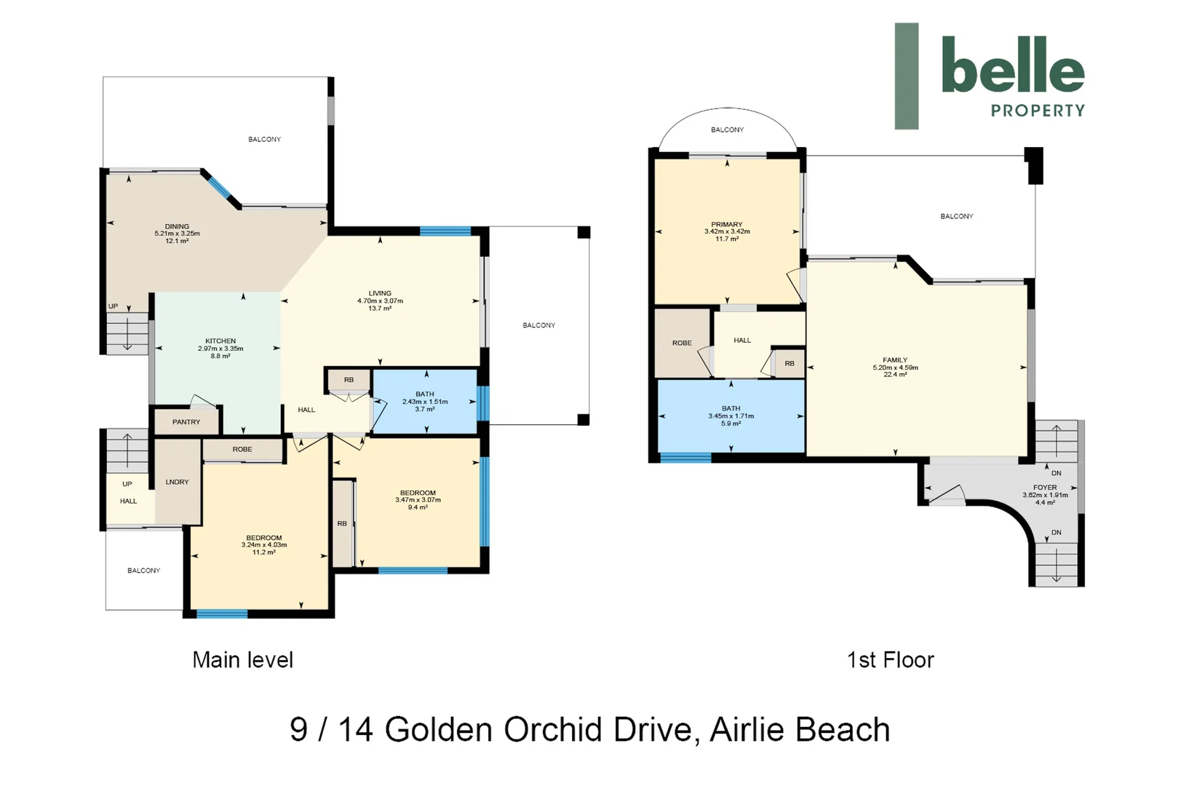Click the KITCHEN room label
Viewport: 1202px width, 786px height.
click(x=220, y=341)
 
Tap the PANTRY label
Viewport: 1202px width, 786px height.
click(x=186, y=422)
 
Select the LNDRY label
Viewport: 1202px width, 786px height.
click(x=177, y=482)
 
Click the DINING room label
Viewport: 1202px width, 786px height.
click(x=177, y=226)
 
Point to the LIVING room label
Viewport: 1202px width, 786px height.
click(x=380, y=294)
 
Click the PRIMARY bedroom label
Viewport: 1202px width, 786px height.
click(x=727, y=224)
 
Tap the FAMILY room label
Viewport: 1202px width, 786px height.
click(x=895, y=360)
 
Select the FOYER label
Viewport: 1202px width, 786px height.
click(x=1046, y=488)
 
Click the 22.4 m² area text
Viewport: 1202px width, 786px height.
click(x=895, y=375)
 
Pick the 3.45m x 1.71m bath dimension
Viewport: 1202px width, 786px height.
click(x=731, y=416)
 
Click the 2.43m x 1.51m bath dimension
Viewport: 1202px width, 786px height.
click(x=425, y=402)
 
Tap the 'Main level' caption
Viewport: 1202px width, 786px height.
click(x=243, y=660)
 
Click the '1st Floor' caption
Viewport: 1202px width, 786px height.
click(x=891, y=660)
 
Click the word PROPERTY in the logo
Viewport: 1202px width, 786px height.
click(x=1038, y=111)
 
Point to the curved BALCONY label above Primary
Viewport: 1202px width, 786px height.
click(x=727, y=130)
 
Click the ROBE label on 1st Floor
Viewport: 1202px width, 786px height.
click(x=682, y=343)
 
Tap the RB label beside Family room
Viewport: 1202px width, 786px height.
click(x=789, y=363)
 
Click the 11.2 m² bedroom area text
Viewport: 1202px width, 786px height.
click(x=264, y=552)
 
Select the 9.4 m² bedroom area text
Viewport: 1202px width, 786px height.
click(x=418, y=507)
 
